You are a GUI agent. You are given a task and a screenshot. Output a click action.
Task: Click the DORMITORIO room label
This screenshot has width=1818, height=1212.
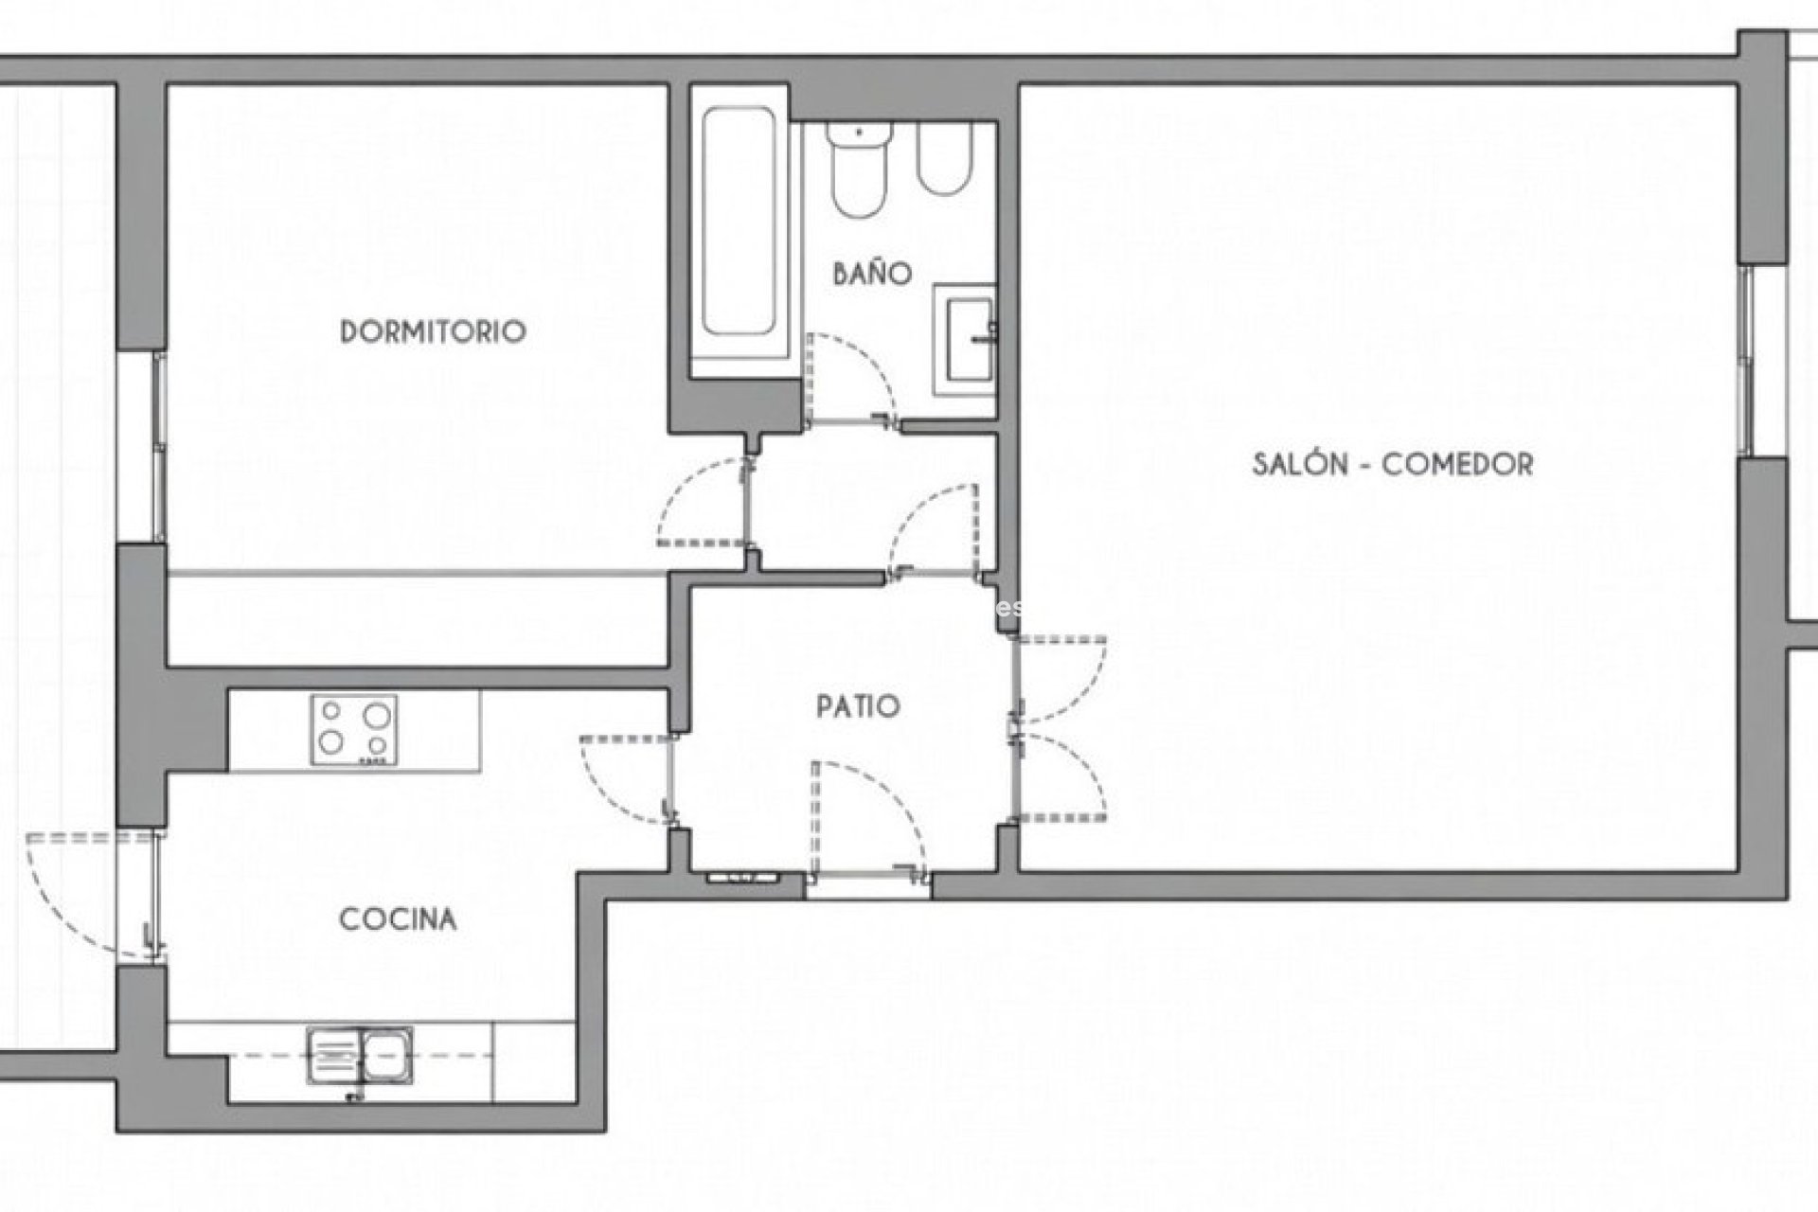[433, 331]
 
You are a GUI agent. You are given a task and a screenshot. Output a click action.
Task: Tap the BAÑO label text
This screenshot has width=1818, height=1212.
[872, 274]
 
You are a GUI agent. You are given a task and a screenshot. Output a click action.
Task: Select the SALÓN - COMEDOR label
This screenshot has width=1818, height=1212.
[1392, 464]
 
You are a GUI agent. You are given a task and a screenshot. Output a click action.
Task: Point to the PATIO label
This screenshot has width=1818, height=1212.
[858, 706]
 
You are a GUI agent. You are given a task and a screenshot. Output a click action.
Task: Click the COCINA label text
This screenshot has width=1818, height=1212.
[398, 918]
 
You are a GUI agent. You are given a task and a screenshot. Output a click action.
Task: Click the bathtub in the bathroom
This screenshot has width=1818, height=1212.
[739, 232]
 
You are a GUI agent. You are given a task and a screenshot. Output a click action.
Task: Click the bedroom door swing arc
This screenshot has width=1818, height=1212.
[701, 502]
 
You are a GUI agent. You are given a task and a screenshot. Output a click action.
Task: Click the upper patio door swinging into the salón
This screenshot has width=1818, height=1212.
[1060, 677]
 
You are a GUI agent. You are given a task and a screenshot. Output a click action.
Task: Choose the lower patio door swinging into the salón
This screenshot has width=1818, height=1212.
[1060, 776]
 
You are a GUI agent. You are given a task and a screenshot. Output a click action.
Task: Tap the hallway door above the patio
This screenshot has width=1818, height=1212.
[933, 530]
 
